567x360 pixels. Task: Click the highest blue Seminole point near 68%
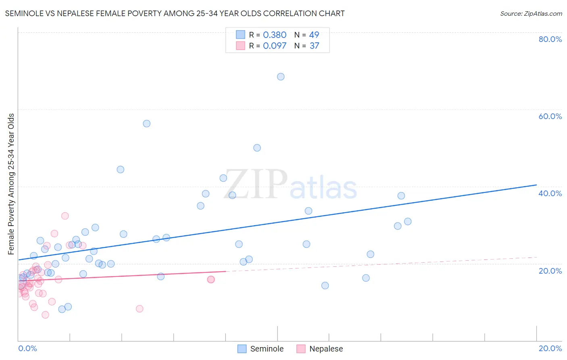pyautogui.click(x=281, y=77)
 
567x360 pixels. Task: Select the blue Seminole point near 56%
pyautogui.click(x=147, y=123)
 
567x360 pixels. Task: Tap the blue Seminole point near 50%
pyautogui.click(x=257, y=148)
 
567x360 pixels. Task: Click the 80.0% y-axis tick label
pyautogui.click(x=550, y=39)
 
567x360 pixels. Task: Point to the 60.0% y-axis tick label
pyautogui.click(x=550, y=116)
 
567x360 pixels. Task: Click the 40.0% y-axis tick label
pyautogui.click(x=550, y=193)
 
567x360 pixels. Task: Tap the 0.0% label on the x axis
pyautogui.click(x=27, y=348)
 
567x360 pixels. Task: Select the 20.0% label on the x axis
pyautogui.click(x=550, y=348)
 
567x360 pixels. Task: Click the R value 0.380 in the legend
pyautogui.click(x=275, y=35)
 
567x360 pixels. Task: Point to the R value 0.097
pyautogui.click(x=275, y=46)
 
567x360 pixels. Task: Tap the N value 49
pyautogui.click(x=314, y=35)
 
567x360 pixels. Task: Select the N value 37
pyautogui.click(x=314, y=46)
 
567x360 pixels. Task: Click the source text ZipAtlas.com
pyautogui.click(x=531, y=14)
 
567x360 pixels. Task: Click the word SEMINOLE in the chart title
pyautogui.click(x=24, y=13)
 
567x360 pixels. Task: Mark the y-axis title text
pyautogui.click(x=11, y=184)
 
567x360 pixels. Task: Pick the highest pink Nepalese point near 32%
pyautogui.click(x=65, y=216)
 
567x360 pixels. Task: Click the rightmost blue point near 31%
pyautogui.click(x=408, y=222)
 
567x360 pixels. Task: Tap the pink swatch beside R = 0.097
pyautogui.click(x=241, y=46)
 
